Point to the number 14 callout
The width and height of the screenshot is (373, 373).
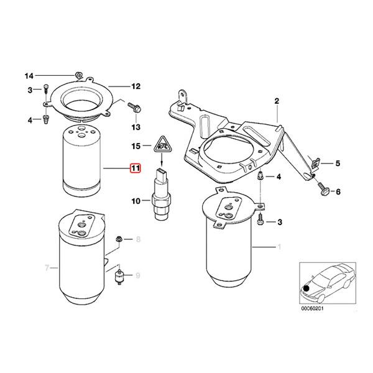(x=28, y=76)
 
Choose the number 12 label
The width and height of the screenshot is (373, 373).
(x=136, y=86)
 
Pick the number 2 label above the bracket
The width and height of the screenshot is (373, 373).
(x=278, y=101)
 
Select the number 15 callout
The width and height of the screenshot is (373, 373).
(x=136, y=147)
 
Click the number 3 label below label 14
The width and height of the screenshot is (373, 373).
(x=29, y=91)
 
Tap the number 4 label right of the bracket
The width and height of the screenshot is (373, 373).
(x=279, y=177)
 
